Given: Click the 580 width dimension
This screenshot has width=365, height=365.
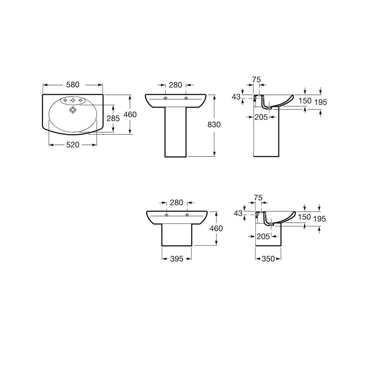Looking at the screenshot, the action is click(x=73, y=85).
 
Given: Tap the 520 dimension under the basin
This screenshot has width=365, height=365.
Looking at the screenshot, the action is click(x=73, y=145).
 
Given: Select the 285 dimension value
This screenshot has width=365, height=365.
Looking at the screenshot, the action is click(x=113, y=119).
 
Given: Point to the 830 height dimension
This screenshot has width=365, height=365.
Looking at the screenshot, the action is click(x=214, y=125).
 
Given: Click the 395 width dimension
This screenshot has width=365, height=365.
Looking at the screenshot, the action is click(x=177, y=259).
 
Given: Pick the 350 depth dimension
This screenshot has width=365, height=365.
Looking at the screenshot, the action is click(x=268, y=259).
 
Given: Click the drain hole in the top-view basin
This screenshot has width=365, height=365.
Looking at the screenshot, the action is click(x=73, y=109).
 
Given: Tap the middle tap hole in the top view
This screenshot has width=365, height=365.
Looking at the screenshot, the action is click(x=73, y=100).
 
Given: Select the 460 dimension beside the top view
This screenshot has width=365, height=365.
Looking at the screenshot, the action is click(x=130, y=115).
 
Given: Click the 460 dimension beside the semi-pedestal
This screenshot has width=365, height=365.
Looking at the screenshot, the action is click(x=216, y=228).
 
